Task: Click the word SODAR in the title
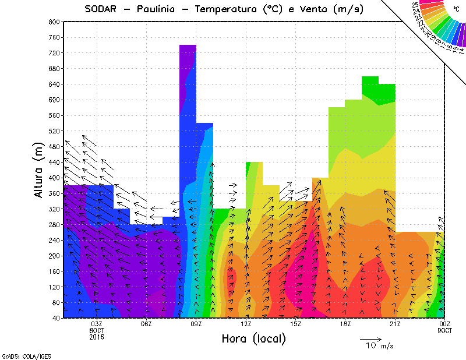tap(103, 9)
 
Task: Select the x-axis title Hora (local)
tap(253, 338)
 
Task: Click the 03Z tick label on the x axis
tap(97, 324)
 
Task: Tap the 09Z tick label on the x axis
tap(196, 324)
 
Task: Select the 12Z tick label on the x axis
tap(246, 324)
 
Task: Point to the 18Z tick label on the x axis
tap(345, 324)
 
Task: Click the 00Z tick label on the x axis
tap(445, 324)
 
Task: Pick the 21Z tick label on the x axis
tap(395, 324)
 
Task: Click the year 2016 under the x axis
tap(97, 337)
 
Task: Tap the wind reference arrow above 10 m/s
tap(370, 338)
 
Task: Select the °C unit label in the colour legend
tap(456, 9)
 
